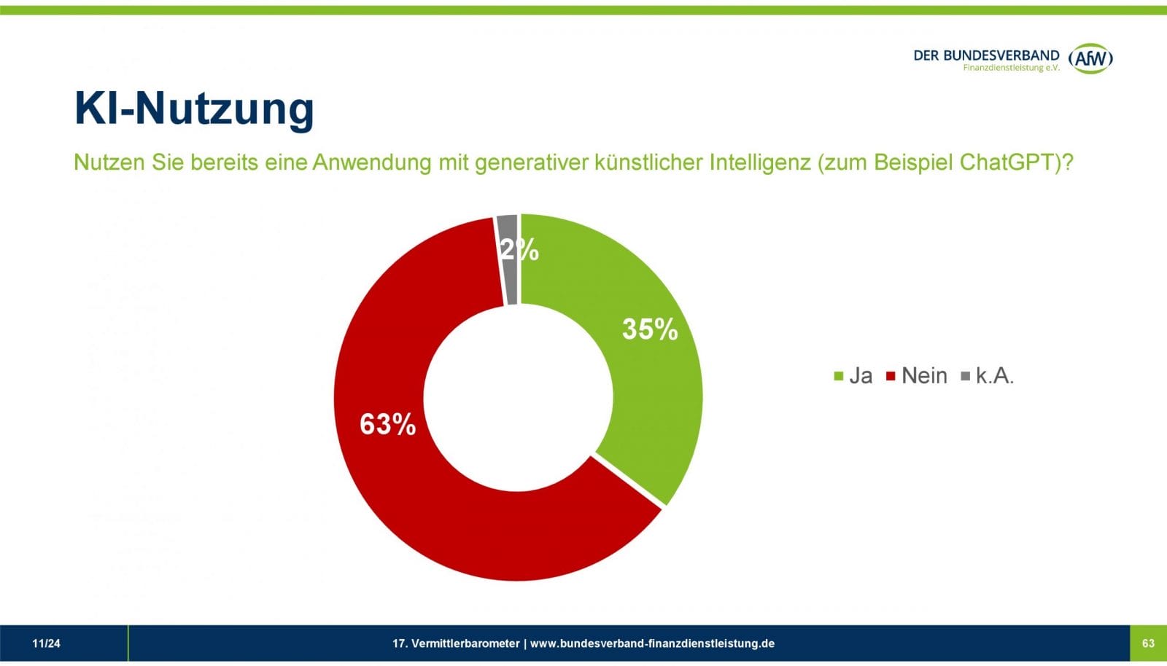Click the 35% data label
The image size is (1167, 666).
click(649, 329)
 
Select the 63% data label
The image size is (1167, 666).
click(387, 424)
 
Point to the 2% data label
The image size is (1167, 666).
click(519, 250)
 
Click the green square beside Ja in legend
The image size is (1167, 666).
click(839, 376)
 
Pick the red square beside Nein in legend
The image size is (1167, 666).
click(891, 376)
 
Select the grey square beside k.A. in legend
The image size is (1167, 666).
click(966, 376)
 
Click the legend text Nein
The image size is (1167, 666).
click(924, 375)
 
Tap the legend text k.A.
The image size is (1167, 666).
click(995, 375)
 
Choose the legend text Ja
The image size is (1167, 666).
click(861, 375)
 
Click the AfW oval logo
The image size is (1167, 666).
click(1090, 58)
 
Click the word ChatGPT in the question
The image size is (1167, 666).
click(1009, 162)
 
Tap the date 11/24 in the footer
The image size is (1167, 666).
click(46, 643)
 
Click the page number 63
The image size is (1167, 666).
click(1148, 643)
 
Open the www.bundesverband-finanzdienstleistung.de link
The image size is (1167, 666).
click(652, 643)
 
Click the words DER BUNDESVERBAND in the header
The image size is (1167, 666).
click(986, 55)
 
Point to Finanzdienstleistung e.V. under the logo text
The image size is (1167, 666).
click(1011, 68)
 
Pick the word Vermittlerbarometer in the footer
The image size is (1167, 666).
click(465, 643)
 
